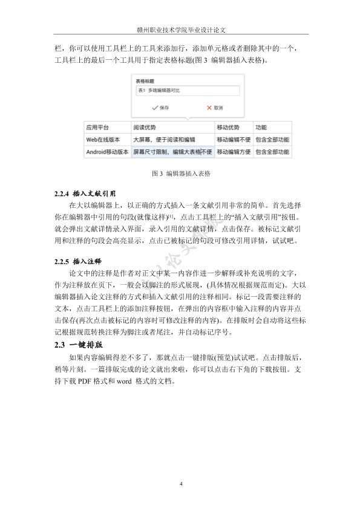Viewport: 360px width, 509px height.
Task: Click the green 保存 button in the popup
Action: click(161, 107)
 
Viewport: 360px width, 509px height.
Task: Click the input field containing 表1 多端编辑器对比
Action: click(188, 91)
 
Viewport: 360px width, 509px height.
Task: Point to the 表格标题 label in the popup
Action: click(145, 80)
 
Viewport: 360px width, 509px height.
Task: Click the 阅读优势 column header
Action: click(145, 128)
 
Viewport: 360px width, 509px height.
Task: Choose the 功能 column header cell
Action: click(261, 128)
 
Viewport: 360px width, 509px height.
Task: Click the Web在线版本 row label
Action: click(103, 140)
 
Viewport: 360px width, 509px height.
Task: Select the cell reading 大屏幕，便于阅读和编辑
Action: click(160, 140)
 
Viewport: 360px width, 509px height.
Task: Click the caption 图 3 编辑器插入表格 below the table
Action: click(180, 173)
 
